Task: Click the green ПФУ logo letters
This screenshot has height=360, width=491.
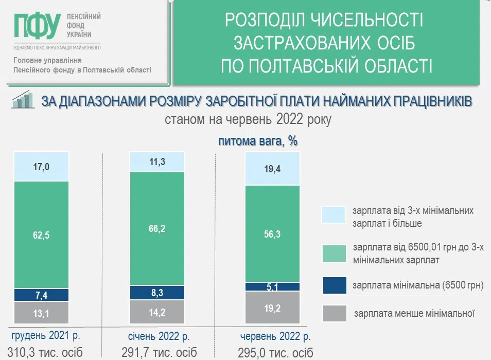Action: pyautogui.click(x=37, y=26)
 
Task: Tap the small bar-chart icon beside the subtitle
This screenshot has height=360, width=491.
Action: pyautogui.click(x=23, y=100)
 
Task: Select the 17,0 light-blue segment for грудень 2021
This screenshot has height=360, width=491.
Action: pyautogui.click(x=41, y=167)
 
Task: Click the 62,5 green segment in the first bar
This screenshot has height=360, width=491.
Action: pyautogui.click(x=41, y=235)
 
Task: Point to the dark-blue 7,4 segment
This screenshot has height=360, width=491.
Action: pyautogui.click(x=41, y=295)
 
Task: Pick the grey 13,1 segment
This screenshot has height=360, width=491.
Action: pyautogui.click(x=41, y=313)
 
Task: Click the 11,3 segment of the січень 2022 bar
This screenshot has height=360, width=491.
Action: pyautogui.click(x=157, y=161)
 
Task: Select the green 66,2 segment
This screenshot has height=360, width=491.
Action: pyautogui.click(x=157, y=229)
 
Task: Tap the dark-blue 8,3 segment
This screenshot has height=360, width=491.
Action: pyautogui.click(x=157, y=293)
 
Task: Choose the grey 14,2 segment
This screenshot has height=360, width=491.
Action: pyautogui.click(x=157, y=312)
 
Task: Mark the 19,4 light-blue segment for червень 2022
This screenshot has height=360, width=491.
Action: pyautogui.click(x=272, y=169)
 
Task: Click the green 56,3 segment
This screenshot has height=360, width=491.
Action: pyautogui.click(x=272, y=234)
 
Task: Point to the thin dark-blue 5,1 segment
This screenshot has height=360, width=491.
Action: pyautogui.click(x=272, y=286)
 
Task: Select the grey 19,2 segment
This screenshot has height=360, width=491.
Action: pyautogui.click(x=272, y=307)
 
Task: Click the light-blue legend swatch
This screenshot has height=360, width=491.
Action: pyautogui.click(x=334, y=215)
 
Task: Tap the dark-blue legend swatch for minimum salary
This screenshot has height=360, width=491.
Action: pyautogui.click(x=335, y=285)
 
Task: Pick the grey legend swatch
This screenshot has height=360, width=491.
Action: pyautogui.click(x=335, y=313)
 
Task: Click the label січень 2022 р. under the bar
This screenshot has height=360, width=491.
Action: pyautogui.click(x=159, y=336)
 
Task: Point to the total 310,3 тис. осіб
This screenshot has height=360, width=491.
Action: pyautogui.click(x=45, y=352)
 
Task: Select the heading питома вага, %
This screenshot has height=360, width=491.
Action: pyautogui.click(x=258, y=141)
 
